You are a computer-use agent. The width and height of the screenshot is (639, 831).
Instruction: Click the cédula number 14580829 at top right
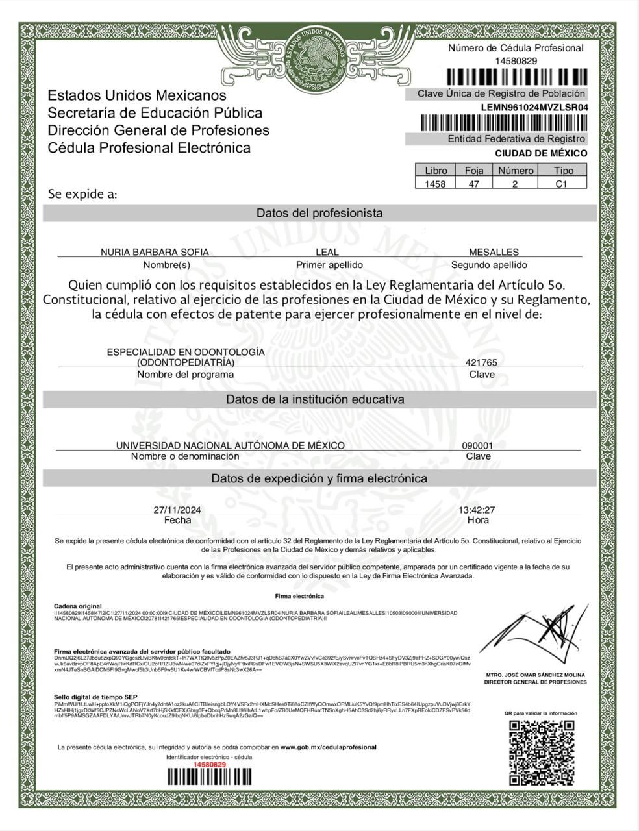pyautogui.click(x=516, y=61)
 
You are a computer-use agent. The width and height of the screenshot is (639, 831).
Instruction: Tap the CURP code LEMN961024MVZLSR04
pyautogui.click(x=534, y=108)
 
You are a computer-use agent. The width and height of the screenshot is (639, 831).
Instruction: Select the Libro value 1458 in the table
pyautogui.click(x=435, y=184)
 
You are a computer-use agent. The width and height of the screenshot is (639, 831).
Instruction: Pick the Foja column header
pyautogui.click(x=474, y=171)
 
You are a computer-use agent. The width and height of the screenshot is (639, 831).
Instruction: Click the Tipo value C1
pyautogui.click(x=562, y=184)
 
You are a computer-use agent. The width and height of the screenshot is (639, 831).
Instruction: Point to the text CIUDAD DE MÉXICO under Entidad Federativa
pyautogui.click(x=541, y=153)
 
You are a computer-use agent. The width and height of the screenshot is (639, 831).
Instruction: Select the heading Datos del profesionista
pyautogui.click(x=319, y=213)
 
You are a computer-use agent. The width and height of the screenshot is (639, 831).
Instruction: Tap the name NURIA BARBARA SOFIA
pyautogui.click(x=155, y=252)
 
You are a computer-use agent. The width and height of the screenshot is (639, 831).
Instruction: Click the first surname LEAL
pyautogui.click(x=327, y=252)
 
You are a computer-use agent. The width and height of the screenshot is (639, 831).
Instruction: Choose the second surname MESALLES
pyautogui.click(x=494, y=252)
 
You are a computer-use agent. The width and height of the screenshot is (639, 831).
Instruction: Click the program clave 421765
pyautogui.click(x=481, y=363)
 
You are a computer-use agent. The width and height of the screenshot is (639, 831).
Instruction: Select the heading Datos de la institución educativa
pyautogui.click(x=315, y=399)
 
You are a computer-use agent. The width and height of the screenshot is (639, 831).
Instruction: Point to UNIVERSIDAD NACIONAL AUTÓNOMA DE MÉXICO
pyautogui.click(x=230, y=445)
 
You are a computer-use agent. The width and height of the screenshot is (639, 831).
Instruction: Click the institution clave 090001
pyautogui.click(x=477, y=446)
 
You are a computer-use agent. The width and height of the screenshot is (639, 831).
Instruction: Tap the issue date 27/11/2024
pyautogui.click(x=177, y=510)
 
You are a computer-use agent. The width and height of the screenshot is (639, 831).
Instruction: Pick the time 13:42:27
pyautogui.click(x=477, y=510)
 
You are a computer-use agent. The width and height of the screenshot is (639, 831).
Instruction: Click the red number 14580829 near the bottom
pyautogui.click(x=208, y=765)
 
